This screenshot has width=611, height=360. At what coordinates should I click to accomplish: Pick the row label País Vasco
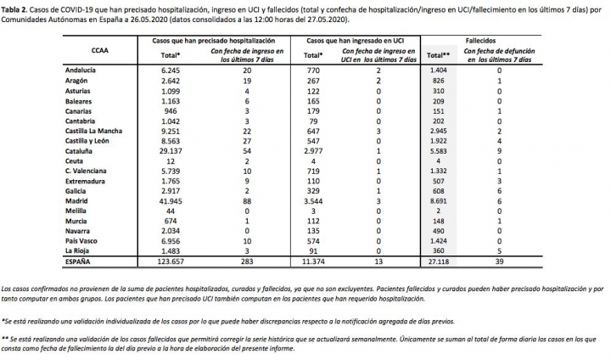83,240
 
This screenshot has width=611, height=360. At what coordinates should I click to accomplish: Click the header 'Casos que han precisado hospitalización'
195,40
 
